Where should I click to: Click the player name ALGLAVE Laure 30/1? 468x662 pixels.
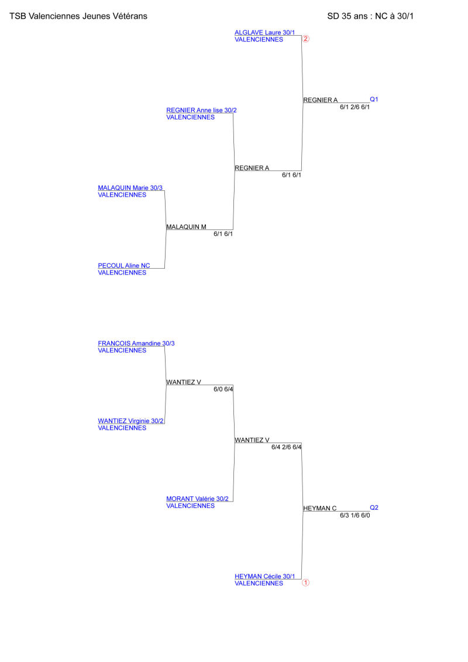click(x=264, y=33)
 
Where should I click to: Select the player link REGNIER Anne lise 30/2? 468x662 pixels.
click(x=201, y=110)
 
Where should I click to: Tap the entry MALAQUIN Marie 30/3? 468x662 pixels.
click(x=130, y=188)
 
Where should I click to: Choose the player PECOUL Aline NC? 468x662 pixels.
click(x=123, y=266)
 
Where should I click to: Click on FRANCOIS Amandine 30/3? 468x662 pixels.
click(x=136, y=343)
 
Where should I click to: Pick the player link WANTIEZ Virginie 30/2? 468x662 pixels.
click(x=130, y=421)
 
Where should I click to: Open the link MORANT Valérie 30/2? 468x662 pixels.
click(x=197, y=499)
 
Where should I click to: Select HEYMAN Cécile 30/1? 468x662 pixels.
click(x=264, y=577)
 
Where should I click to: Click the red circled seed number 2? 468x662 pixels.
click(x=305, y=39)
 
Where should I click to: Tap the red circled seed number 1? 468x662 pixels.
click(x=305, y=582)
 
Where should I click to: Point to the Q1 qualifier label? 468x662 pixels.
click(x=374, y=100)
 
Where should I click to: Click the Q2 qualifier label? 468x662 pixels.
click(x=374, y=507)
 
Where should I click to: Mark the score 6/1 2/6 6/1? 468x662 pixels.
click(x=355, y=107)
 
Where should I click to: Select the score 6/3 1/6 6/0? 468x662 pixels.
click(x=355, y=516)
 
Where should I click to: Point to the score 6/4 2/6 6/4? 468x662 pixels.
click(x=286, y=447)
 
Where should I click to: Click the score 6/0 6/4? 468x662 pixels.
click(x=223, y=389)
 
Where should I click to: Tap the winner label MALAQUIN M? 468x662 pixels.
click(x=186, y=227)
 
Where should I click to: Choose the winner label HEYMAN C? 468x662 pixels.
click(x=319, y=508)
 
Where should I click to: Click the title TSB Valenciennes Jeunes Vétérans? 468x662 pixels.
click(x=78, y=16)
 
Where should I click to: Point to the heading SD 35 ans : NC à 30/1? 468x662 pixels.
click(x=370, y=16)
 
